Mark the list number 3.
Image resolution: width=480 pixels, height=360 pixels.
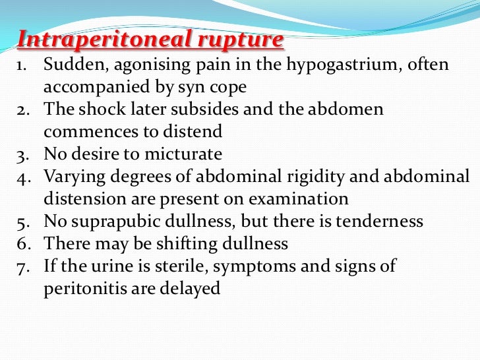[21, 154]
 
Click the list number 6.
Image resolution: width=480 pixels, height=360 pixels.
[21, 244]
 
